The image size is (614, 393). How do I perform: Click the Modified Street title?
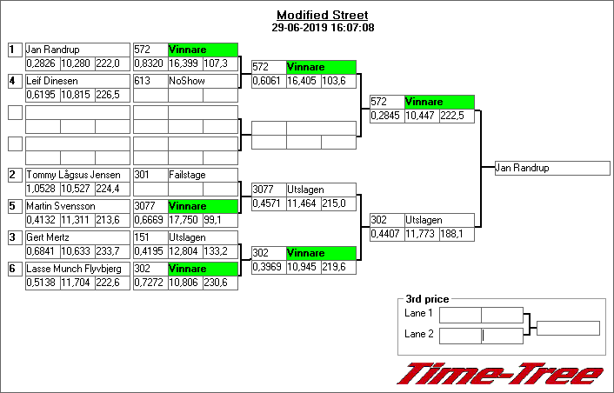click(x=322, y=15)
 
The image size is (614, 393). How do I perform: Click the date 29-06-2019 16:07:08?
click(x=323, y=27)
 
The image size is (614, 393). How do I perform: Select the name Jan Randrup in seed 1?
click(x=77, y=50)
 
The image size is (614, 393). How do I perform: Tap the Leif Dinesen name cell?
click(x=77, y=81)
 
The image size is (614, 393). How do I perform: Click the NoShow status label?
click(x=203, y=81)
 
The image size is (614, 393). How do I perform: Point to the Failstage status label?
click(x=203, y=175)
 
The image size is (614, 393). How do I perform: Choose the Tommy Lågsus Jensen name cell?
click(x=77, y=175)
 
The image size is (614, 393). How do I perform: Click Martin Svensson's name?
click(x=77, y=206)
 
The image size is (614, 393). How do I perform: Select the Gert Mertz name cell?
click(x=77, y=237)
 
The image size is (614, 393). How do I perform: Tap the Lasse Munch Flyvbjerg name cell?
click(x=77, y=269)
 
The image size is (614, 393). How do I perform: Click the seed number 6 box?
click(x=14, y=269)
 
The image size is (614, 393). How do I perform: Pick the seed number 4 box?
click(x=14, y=81)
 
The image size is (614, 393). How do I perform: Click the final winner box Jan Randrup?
click(x=551, y=168)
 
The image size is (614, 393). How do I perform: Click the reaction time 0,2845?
click(x=386, y=116)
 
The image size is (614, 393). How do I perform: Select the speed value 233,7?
click(x=111, y=252)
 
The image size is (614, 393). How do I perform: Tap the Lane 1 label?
click(x=418, y=313)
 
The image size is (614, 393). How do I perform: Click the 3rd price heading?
click(x=427, y=299)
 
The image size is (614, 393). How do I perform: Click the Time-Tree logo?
click(x=500, y=374)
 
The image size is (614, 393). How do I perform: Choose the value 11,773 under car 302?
click(x=421, y=234)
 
